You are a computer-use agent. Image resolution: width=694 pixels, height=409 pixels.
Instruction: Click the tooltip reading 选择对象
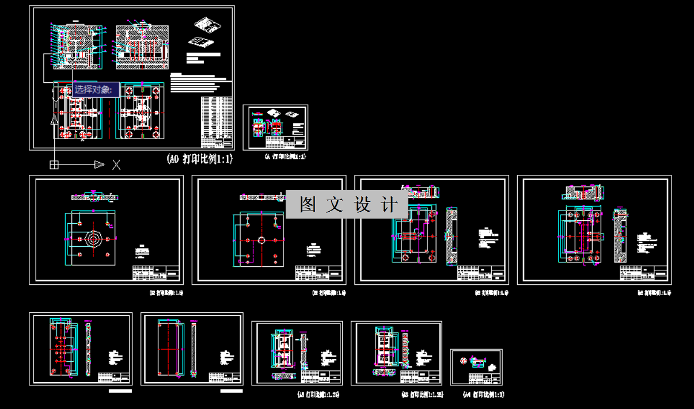coord(96,89)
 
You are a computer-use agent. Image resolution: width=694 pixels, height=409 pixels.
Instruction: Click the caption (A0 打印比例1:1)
coord(199,159)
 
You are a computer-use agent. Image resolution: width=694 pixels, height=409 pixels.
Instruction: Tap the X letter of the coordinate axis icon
coord(116,165)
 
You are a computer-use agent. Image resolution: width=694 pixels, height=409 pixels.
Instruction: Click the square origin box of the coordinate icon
coord(54,165)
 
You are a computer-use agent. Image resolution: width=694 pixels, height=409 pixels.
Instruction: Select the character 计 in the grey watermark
coord(390,204)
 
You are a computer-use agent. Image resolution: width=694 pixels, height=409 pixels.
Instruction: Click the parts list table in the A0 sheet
coord(217,121)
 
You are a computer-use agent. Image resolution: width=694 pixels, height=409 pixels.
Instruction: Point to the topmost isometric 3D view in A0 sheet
coord(207,25)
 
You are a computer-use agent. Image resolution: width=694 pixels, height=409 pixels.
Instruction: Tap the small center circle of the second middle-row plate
coord(261,240)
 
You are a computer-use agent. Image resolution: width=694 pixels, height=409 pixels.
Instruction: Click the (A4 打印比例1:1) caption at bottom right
coord(483,395)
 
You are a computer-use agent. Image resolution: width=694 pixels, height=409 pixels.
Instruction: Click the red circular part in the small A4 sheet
coord(464,361)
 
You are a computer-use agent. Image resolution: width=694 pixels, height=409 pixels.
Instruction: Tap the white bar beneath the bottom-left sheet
coord(120,391)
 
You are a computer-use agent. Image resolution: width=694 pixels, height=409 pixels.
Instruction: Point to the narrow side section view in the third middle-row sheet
coord(451,236)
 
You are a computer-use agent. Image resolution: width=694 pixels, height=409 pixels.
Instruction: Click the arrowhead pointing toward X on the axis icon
coord(98,165)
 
